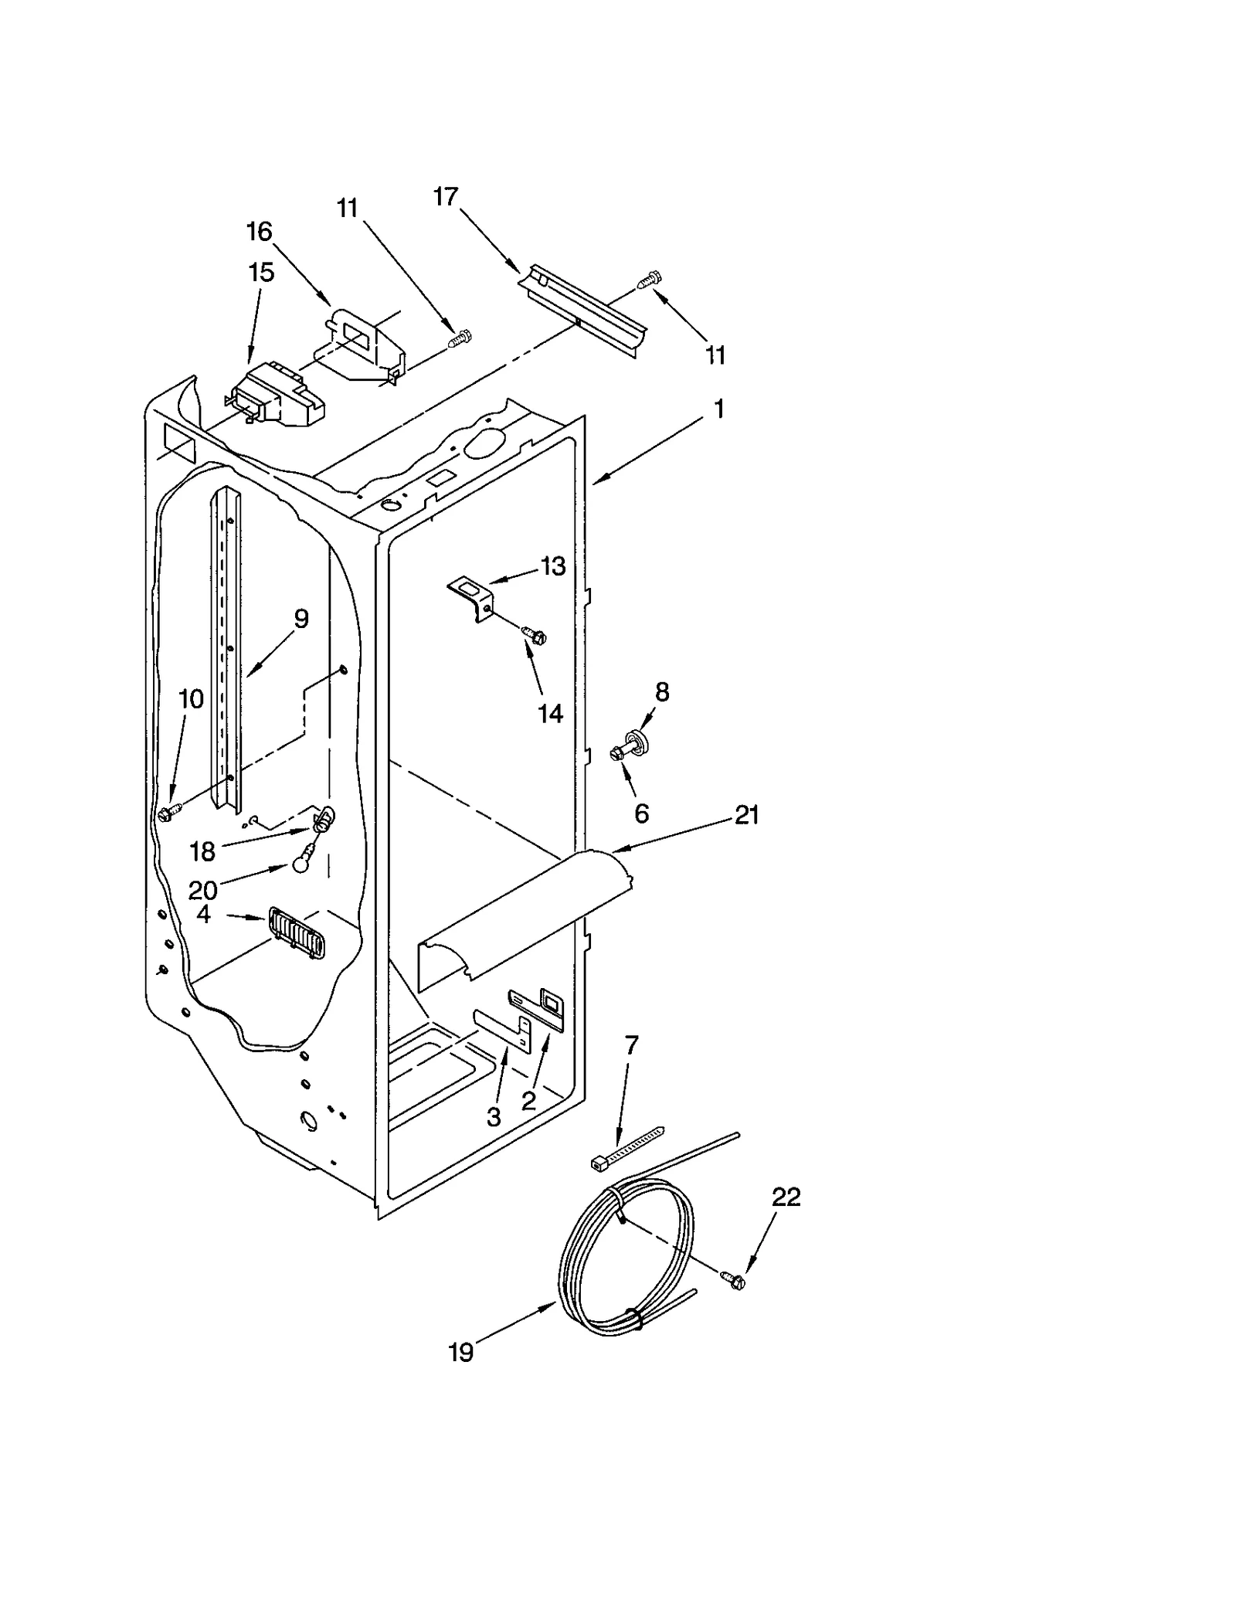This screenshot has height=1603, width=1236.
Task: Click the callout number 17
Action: [445, 197]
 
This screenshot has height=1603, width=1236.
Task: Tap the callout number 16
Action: [260, 231]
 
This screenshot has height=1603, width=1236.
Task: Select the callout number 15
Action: [261, 272]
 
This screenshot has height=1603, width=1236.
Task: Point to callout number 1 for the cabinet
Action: [718, 409]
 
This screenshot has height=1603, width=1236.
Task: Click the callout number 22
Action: [786, 1197]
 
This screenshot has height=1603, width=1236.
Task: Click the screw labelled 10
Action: [167, 813]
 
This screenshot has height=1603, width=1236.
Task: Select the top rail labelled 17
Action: [583, 309]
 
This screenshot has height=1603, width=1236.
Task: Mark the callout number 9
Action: [301, 618]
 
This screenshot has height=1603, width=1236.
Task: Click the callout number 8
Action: [662, 692]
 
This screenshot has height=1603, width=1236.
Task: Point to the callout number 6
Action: [641, 812]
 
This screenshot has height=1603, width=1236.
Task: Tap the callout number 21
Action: [746, 814]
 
